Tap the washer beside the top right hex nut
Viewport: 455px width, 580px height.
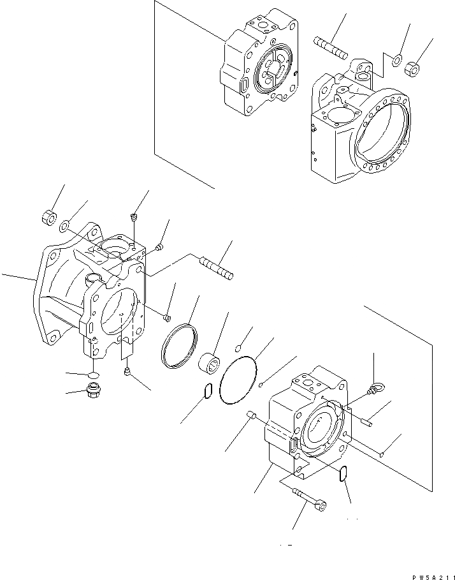point(397,61)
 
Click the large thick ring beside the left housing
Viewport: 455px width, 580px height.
point(179,345)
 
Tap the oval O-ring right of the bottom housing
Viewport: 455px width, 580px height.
point(343,473)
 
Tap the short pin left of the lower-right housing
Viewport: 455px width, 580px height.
point(250,416)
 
